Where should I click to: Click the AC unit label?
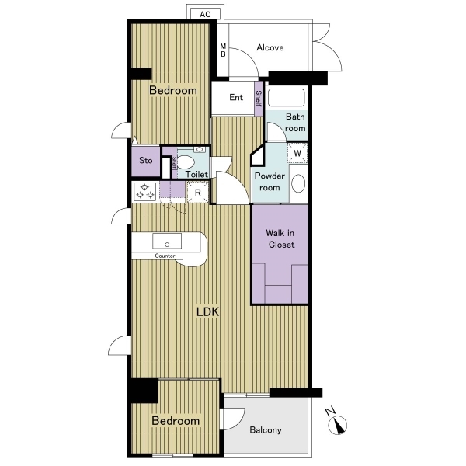point(205,14)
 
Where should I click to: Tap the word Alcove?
point(270,47)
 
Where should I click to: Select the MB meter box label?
point(223,50)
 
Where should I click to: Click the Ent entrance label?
point(236,97)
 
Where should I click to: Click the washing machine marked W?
point(297,153)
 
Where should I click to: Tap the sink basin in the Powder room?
point(298,183)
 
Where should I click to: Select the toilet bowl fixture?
point(186,162)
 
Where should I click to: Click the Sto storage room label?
point(146,161)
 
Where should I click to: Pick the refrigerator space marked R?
point(197,193)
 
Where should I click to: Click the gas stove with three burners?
point(144,191)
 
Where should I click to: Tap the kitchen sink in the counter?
point(167,241)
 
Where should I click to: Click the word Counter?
point(165,256)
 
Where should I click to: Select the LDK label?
point(207,311)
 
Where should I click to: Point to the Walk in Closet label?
point(280,238)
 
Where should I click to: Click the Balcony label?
point(266,430)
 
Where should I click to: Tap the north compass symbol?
point(336,422)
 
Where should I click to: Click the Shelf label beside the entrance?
point(259,99)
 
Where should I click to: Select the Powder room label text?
point(270,182)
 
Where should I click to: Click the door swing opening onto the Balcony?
point(232,419)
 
